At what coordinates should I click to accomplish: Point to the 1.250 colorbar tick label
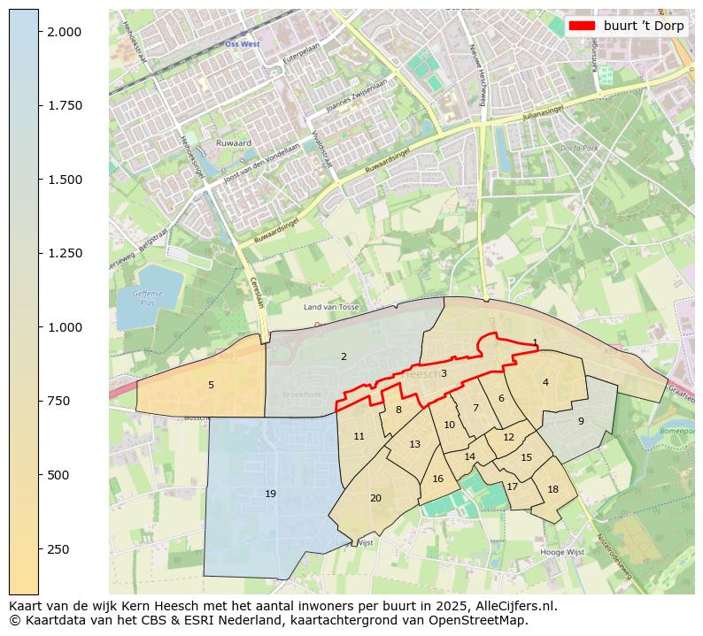(x=64, y=253)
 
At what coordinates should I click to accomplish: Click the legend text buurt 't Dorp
(x=644, y=26)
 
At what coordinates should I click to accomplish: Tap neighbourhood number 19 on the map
(x=270, y=494)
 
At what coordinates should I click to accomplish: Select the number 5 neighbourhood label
(x=211, y=385)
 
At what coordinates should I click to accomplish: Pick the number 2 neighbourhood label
(x=344, y=356)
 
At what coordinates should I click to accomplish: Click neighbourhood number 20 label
(x=375, y=498)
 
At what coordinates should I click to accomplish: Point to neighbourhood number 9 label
(x=581, y=421)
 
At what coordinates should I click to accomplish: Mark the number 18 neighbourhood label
(x=553, y=489)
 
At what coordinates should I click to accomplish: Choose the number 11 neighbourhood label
(x=359, y=436)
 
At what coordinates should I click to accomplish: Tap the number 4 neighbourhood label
(x=545, y=382)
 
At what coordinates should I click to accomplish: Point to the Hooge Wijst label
(x=563, y=552)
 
